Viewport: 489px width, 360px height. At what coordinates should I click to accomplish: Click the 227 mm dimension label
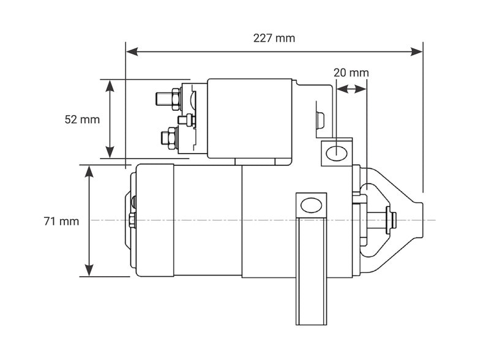pos(274,38)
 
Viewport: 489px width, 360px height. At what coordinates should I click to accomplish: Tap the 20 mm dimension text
pos(351,72)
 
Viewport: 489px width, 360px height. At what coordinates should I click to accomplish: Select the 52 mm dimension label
pos(82,119)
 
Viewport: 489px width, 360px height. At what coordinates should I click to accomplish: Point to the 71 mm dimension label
pos(61,221)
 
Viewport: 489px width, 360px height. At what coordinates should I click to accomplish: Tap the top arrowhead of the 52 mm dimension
pos(110,85)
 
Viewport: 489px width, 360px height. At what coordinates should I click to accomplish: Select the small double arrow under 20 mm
pos(351,89)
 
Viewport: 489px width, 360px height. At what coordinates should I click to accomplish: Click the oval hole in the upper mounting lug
pos(336,153)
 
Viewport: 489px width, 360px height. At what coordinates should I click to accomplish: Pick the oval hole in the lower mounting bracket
pos(311,205)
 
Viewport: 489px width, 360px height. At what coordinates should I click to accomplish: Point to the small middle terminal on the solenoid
pos(185,119)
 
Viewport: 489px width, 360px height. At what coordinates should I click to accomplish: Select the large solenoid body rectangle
pos(249,118)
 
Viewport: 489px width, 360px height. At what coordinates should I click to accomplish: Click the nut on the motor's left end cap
pos(132,220)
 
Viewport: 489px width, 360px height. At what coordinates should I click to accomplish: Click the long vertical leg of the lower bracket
pos(311,276)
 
